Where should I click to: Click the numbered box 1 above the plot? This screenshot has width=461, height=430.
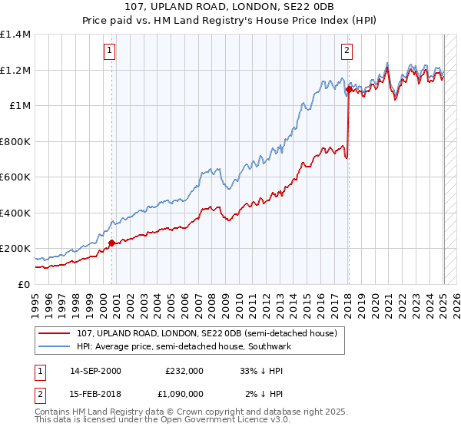coord(111,51)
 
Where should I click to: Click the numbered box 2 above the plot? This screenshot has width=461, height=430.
coord(347,51)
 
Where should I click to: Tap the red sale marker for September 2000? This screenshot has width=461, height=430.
coord(111,243)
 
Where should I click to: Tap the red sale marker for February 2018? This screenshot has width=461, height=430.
coord(348,90)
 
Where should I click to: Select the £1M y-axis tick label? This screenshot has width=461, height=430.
coord(20,106)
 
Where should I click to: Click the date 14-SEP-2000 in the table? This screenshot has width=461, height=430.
coord(95,370)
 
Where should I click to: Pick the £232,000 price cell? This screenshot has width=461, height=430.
coord(184,370)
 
